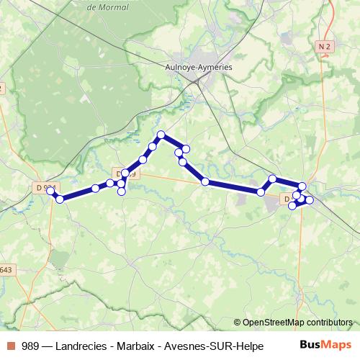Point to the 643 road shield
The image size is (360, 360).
pos(6,270)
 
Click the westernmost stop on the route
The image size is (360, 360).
pos(50,191)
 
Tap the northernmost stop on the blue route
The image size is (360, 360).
pos(161,135)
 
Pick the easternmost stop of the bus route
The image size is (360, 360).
pos(310,199)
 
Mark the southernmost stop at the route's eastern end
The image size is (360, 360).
pos(292,206)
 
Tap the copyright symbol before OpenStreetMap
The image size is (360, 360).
pos(238,322)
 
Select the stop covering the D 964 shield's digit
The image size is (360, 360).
pos(50,191)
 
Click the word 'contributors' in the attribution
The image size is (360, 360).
pos(329,322)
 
